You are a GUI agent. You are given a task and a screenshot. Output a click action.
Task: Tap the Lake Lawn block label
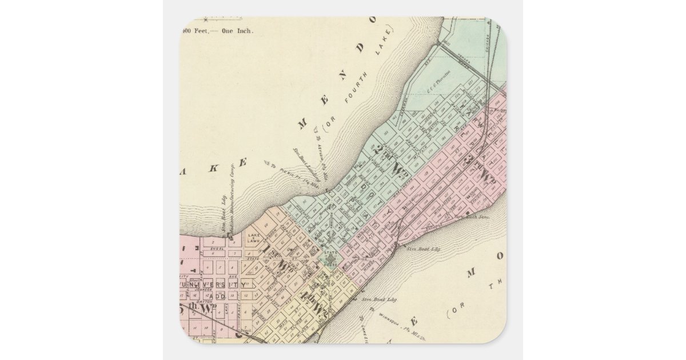[x=254, y=238]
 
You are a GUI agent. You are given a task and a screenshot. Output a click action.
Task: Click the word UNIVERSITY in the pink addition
[x=213, y=283]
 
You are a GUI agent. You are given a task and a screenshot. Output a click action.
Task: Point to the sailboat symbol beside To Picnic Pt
[x=266, y=164]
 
